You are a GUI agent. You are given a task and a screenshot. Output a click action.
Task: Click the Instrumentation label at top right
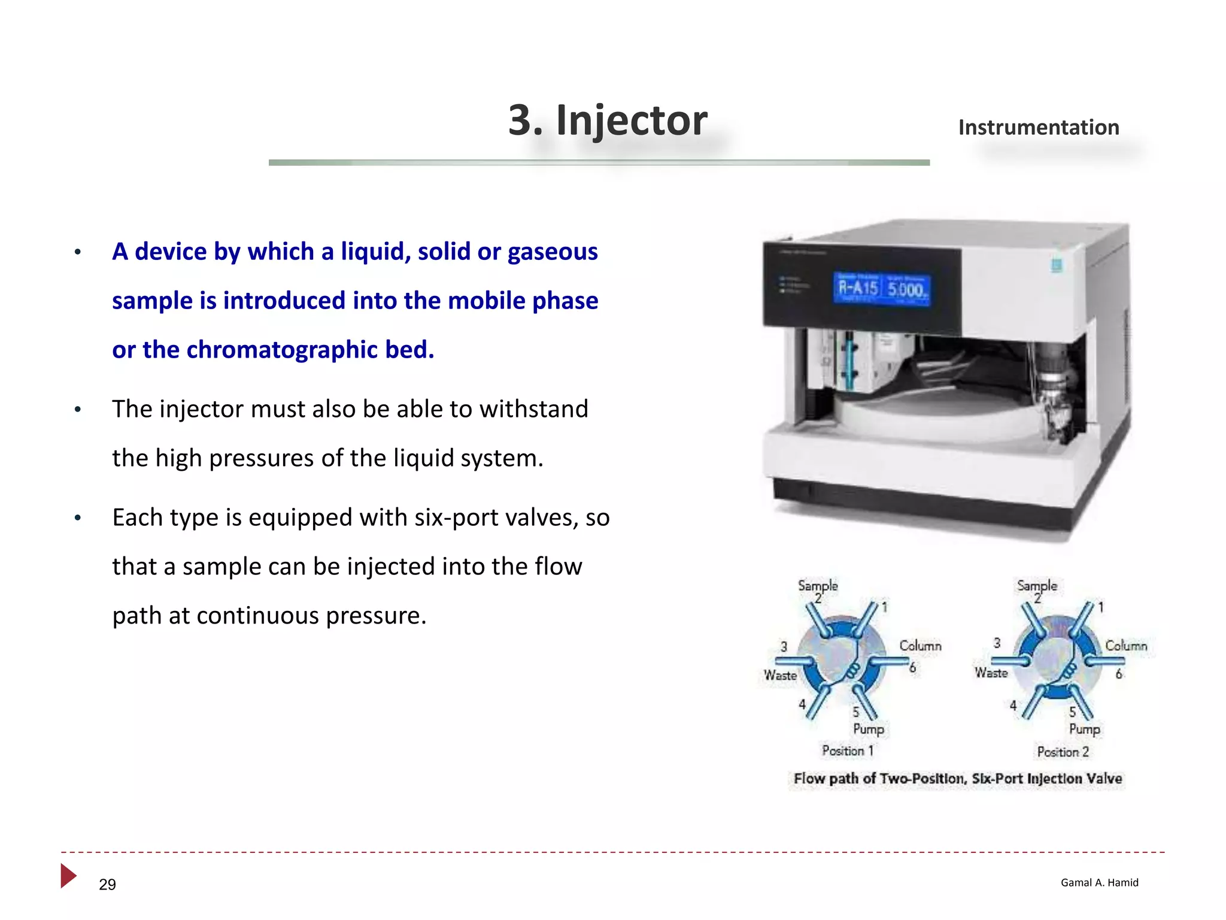tap(1039, 128)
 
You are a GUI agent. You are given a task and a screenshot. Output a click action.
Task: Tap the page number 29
tap(107, 885)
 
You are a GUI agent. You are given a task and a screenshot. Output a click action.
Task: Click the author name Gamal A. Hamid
tap(1099, 882)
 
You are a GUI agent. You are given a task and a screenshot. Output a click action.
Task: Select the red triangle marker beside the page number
tap(68, 876)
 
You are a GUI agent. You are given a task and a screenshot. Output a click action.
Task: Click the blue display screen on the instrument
tap(882, 289)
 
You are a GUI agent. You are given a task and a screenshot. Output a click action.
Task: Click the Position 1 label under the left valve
tap(847, 750)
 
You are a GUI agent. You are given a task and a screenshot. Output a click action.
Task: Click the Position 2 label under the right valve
tap(1063, 752)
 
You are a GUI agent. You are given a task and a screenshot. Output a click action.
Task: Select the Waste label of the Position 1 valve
tap(780, 676)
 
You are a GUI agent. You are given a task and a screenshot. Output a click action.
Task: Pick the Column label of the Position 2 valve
tap(1125, 646)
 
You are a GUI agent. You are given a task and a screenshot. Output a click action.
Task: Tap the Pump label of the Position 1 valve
tap(868, 729)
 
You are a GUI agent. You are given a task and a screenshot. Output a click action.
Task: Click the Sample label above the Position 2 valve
tap(1037, 585)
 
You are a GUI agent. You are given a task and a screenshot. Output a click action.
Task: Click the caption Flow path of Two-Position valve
tap(957, 779)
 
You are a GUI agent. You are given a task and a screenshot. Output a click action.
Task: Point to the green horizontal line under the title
tap(599, 162)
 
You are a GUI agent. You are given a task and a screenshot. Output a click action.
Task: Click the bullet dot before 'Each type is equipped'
tap(78, 518)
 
